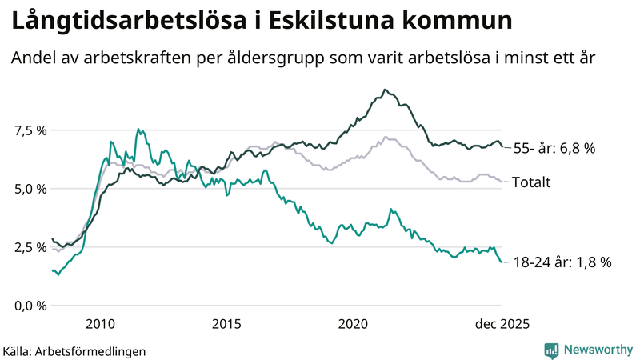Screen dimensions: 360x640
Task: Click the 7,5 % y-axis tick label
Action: [x=29, y=130]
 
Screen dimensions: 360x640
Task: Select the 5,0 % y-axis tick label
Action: [x=29, y=189]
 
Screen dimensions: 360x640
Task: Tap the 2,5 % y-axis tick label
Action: [x=29, y=247]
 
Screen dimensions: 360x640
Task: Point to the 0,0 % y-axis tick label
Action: [x=29, y=306]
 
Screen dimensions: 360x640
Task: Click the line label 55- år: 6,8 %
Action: [x=554, y=148]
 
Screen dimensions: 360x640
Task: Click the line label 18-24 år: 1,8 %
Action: [x=562, y=262]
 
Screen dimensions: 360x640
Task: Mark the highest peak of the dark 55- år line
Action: [x=385, y=90]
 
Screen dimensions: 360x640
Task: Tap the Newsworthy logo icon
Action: [x=551, y=350]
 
